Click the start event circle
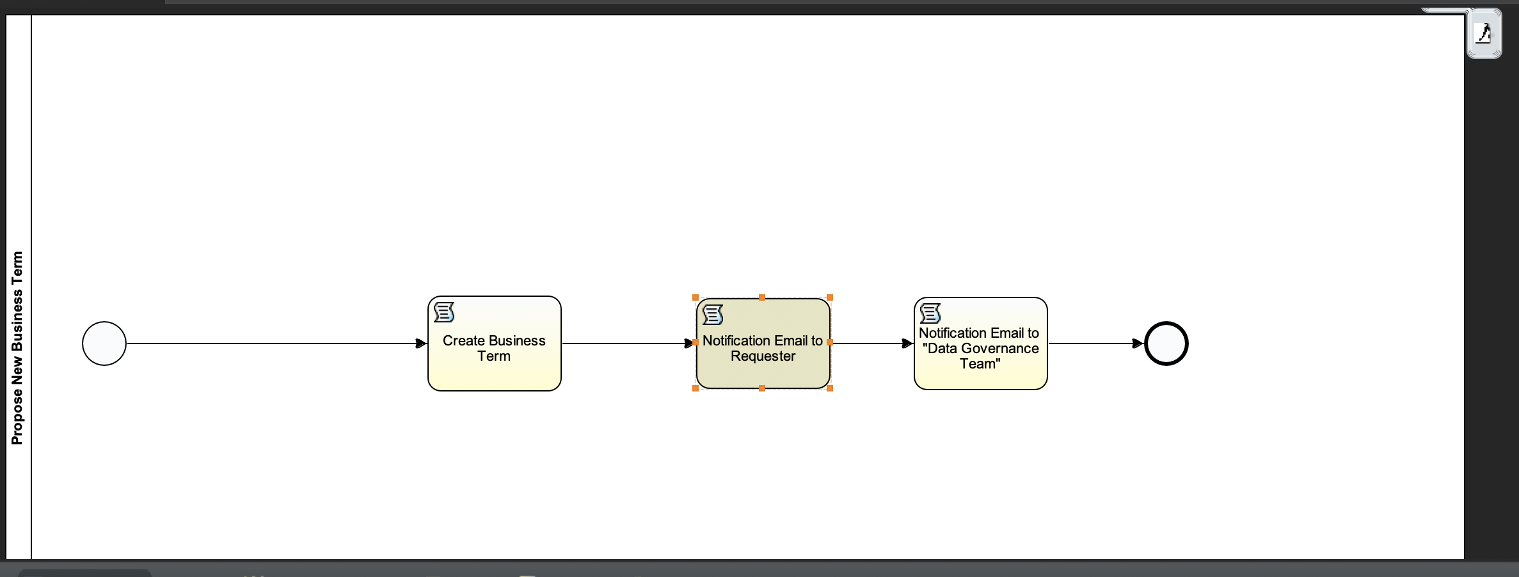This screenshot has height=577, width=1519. coord(104,344)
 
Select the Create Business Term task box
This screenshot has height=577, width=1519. coord(495,344)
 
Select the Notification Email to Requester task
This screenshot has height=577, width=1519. coord(763,344)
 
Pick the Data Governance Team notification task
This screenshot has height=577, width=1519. coord(981,344)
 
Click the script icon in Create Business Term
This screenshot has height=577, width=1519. coord(444,313)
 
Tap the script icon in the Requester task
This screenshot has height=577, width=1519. coord(713,315)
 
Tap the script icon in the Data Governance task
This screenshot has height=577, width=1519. coord(930,313)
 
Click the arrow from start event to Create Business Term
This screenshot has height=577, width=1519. coord(277,344)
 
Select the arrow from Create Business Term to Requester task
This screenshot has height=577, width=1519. coord(629,344)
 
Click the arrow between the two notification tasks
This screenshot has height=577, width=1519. coord(872,344)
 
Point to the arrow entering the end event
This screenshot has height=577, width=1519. coord(1096,344)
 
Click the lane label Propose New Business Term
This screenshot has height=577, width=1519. coord(17,348)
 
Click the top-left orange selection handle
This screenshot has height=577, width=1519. coord(696,297)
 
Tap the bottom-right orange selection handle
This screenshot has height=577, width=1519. coord(830,388)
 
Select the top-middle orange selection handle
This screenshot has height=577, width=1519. coord(762,297)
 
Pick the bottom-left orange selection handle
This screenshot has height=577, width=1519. coord(696,388)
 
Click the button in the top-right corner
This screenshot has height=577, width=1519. coord(1484,33)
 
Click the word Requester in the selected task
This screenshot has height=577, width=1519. coord(763,356)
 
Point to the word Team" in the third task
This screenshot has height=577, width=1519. coord(980,364)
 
